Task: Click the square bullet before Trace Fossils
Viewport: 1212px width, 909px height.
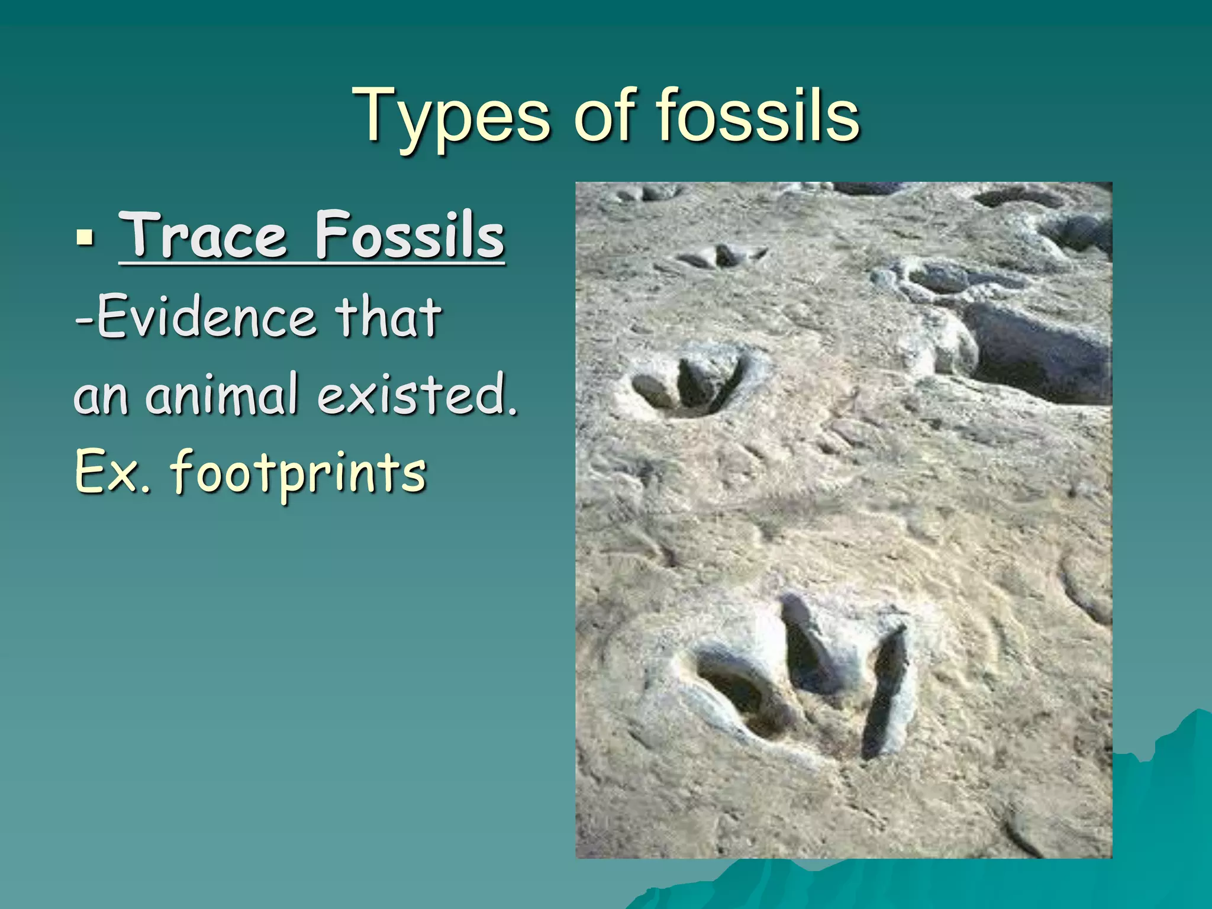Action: click(x=85, y=238)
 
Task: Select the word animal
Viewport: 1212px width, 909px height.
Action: click(x=222, y=394)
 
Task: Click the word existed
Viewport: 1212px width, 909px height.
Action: click(x=417, y=394)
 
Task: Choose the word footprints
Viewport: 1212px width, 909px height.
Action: click(x=298, y=473)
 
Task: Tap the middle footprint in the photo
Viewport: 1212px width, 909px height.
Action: click(x=689, y=382)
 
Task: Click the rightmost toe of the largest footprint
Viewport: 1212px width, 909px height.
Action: click(x=886, y=692)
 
